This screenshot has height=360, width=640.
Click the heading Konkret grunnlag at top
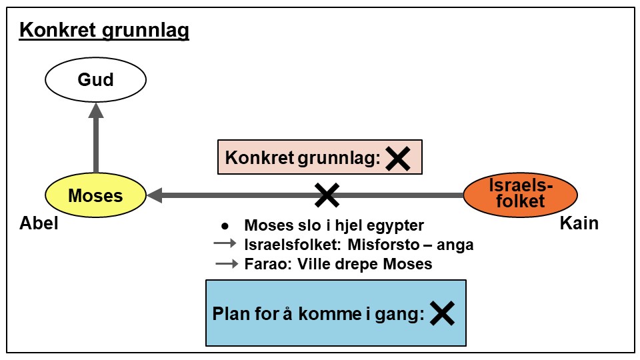click(104, 31)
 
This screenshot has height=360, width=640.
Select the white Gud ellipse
click(95, 81)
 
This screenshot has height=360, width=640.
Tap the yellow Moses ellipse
click(95, 196)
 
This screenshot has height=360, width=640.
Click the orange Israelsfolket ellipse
click(520, 193)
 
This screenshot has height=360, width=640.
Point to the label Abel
click(39, 223)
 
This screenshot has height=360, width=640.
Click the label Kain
click(579, 223)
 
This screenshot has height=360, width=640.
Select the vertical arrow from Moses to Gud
click(95, 140)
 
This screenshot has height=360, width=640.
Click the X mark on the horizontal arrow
click(327, 195)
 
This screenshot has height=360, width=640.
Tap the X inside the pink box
click(398, 158)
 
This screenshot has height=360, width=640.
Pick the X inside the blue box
click(441, 313)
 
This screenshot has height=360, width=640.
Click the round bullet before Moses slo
click(225, 225)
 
